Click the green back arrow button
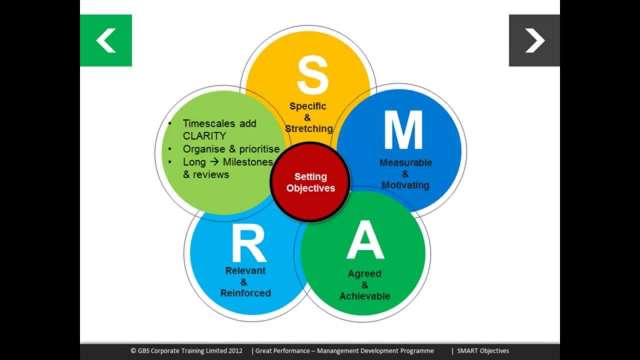pyautogui.click(x=106, y=40)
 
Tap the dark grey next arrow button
pyautogui.click(x=534, y=40)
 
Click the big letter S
pyautogui.click(x=312, y=75)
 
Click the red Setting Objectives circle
pyautogui.click(x=310, y=182)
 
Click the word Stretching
pyautogui.click(x=308, y=128)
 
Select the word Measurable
pyautogui.click(x=405, y=162)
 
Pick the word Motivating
pyautogui.click(x=405, y=185)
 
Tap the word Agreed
pyautogui.click(x=364, y=273)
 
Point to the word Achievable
pyautogui.click(x=364, y=296)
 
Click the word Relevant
pyautogui.click(x=245, y=270)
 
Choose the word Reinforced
pyautogui.click(x=245, y=293)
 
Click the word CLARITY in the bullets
pyautogui.click(x=204, y=136)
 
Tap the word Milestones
pyautogui.click(x=248, y=161)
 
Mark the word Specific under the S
pyautogui.click(x=308, y=106)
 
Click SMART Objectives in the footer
pyautogui.click(x=483, y=351)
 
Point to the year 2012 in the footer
pyautogui.click(x=234, y=351)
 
